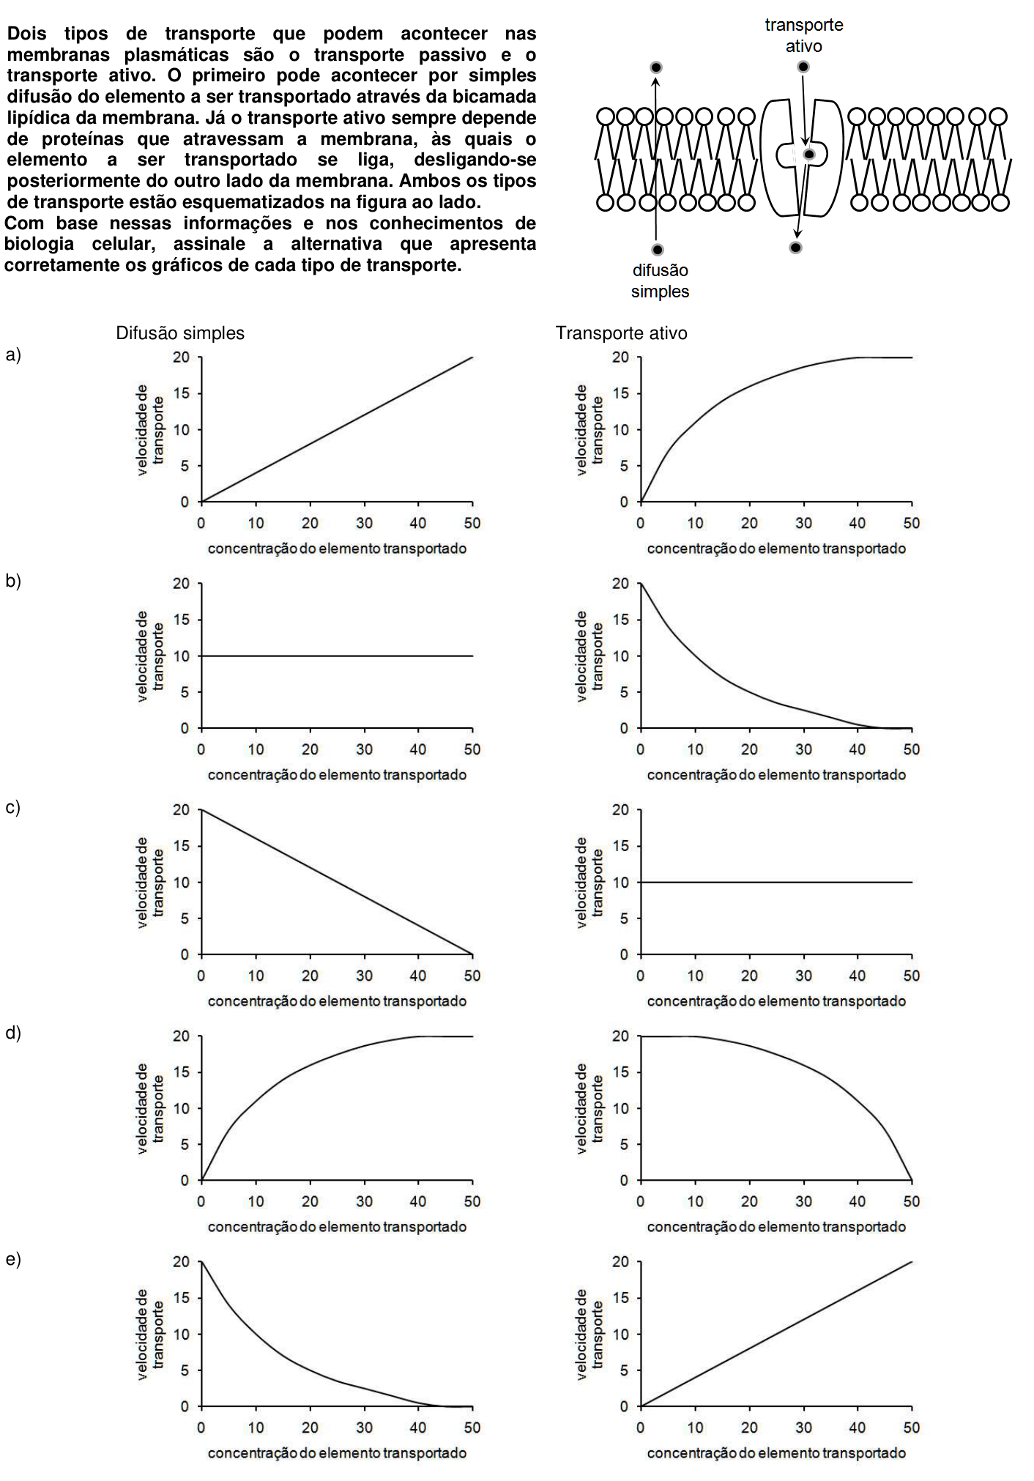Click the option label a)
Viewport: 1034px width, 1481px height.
(13, 355)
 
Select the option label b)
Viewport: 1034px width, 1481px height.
(13, 581)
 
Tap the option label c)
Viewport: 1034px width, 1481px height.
(13, 807)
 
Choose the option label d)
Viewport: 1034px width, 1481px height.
(13, 1033)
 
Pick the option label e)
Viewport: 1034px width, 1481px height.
(13, 1259)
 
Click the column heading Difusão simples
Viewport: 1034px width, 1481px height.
(180, 333)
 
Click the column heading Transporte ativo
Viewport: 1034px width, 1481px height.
(622, 333)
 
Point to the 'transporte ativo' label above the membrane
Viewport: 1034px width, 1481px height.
(804, 35)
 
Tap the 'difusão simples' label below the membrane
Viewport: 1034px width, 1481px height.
(660, 281)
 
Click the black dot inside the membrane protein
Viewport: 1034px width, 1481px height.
(808, 155)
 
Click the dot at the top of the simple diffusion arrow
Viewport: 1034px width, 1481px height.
(656, 67)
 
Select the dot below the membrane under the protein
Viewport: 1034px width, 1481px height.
(795, 248)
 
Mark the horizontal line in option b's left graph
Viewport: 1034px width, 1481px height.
(337, 656)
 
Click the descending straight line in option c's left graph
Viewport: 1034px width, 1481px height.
(337, 882)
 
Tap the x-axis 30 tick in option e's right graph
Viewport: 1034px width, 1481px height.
(803, 1427)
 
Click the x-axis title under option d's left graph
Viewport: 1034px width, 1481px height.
(337, 1227)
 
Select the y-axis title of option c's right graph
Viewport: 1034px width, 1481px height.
(589, 882)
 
